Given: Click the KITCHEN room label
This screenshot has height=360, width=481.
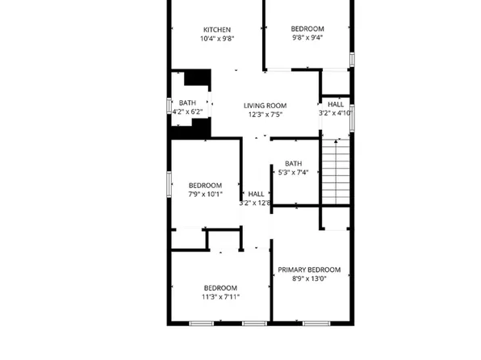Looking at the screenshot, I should (x=217, y=29).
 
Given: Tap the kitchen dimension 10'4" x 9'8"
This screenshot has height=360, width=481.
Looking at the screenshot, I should (x=217, y=39).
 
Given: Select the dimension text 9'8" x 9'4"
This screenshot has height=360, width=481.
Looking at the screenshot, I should (x=307, y=37).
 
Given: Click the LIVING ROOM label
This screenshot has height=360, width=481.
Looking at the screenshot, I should (x=266, y=105).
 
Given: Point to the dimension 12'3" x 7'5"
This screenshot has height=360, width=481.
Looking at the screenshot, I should (x=266, y=115).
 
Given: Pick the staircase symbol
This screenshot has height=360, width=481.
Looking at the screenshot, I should (x=336, y=170).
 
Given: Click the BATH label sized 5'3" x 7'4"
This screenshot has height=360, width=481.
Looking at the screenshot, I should (x=293, y=163).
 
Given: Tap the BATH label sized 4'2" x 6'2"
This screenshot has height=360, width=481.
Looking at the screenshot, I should (x=187, y=103).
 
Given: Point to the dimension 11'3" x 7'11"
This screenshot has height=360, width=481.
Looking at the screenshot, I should (x=220, y=297).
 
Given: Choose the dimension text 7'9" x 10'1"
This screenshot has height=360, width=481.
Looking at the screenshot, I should (x=205, y=195).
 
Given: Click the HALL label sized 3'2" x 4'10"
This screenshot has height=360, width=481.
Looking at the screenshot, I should (x=335, y=104).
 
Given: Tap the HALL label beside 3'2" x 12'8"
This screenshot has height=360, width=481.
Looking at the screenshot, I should (x=256, y=194).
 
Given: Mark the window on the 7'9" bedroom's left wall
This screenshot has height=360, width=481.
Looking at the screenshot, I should (x=169, y=183).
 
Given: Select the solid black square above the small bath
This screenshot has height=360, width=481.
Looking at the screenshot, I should (x=198, y=77).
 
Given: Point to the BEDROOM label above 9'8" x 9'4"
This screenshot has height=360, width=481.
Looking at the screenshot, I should (x=307, y=28).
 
